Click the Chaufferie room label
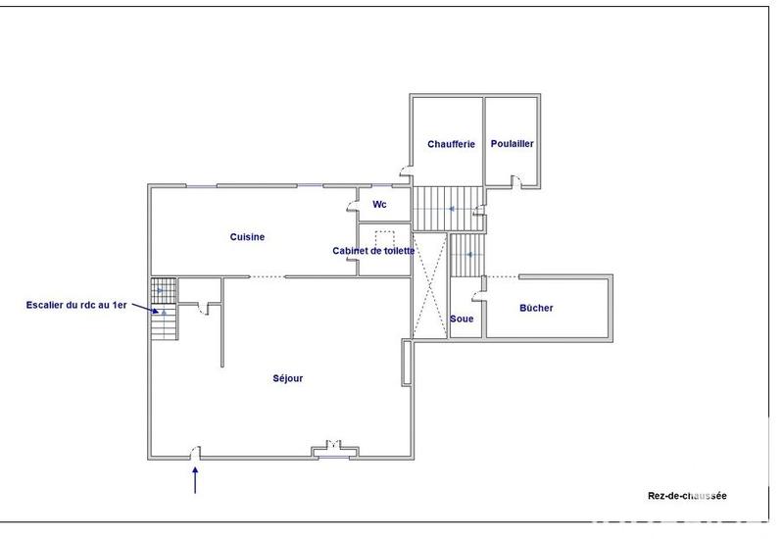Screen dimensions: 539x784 [451, 144]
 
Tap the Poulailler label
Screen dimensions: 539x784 [513, 144]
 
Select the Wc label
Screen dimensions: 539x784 [380, 205]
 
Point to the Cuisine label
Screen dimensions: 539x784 [247, 236]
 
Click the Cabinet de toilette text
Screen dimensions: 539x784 [374, 251]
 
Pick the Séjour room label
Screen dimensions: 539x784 [287, 378]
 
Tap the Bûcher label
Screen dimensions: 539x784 [536, 308]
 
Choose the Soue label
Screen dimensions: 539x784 [462, 318]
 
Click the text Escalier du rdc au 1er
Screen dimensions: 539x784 [76, 305]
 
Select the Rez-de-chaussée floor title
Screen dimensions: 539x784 [687, 496]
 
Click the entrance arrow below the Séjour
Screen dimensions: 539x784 [196, 480]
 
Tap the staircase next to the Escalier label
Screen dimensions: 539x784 [163, 309]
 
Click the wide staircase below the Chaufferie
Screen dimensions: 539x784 [447, 209]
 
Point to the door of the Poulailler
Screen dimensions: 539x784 [517, 179]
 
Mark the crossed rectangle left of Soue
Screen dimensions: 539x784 [430, 286]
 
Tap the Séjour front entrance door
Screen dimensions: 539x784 [196, 452]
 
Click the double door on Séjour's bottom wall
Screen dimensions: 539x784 [334, 449]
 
